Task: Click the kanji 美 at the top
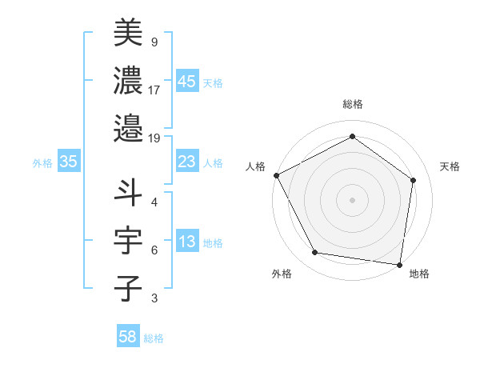pos(128,33)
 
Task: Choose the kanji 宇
pos(128,241)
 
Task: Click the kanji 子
pos(128,287)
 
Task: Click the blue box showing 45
pos(187,82)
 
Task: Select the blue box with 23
pos(187,162)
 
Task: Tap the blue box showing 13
pos(187,242)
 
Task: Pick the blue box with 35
pos(69,162)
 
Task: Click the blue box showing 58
pos(128,338)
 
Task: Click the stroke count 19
pos(154,138)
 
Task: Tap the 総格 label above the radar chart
pos(352,105)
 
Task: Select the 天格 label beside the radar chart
pos(450,167)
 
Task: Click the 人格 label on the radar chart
pos(256,167)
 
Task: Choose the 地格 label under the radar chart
pos(419,274)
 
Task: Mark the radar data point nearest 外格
pos(315,253)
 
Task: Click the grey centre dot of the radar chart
pos(352,199)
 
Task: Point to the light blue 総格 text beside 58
pos(154,338)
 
